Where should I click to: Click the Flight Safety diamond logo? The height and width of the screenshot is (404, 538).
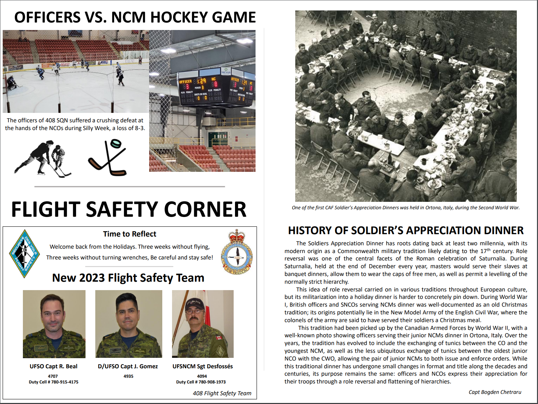pyautogui.click(x=25, y=253)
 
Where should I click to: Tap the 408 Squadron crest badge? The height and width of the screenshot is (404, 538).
pyautogui.click(x=237, y=252)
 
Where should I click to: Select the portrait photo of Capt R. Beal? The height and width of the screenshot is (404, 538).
pyautogui.click(x=54, y=324)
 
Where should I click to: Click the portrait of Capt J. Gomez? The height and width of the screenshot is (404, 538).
pyautogui.click(x=129, y=324)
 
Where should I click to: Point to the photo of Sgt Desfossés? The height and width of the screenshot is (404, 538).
pyautogui.click(x=203, y=324)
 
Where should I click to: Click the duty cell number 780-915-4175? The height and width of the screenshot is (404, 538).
pyautogui.click(x=65, y=382)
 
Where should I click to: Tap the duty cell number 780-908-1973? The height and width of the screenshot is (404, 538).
pyautogui.click(x=212, y=382)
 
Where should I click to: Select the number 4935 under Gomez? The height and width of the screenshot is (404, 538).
pyautogui.click(x=128, y=376)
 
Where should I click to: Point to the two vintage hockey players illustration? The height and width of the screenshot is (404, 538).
pyautogui.click(x=43, y=158)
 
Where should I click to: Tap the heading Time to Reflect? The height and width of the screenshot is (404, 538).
pyautogui.click(x=130, y=234)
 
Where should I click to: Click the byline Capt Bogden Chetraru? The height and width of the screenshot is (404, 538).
pyautogui.click(x=495, y=392)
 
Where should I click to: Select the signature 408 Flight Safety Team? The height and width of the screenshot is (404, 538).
pyautogui.click(x=222, y=393)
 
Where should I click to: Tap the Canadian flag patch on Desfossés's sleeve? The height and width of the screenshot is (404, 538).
pyautogui.click(x=219, y=337)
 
